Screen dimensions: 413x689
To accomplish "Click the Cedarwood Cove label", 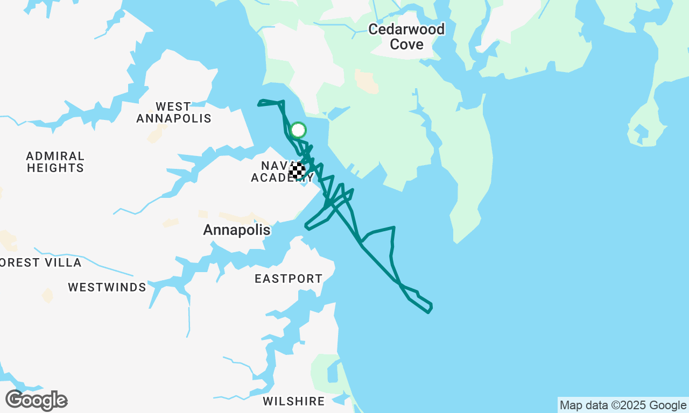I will coord(406,37).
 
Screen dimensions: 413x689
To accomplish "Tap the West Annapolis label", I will coord(173,112).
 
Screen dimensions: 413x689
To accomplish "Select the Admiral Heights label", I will coord(55,162).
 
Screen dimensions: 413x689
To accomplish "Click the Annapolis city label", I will coord(237,230).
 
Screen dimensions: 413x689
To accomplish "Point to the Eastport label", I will coord(289,279).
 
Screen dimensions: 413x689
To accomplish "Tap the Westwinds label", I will coord(107,287).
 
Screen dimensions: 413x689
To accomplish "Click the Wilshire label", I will coord(294,401).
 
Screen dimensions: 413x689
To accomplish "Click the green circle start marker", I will coord(298,130).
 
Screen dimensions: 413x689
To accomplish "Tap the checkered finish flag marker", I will coord(297,170).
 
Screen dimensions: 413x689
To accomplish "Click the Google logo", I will coord(36,401).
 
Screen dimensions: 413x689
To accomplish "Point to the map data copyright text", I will coord(623,405).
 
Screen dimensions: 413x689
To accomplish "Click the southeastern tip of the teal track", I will coord(430,309).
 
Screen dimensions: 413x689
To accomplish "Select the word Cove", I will coord(406,44).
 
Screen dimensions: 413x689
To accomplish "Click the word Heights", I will coord(55,168).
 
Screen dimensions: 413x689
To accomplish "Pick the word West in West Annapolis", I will coord(173,106).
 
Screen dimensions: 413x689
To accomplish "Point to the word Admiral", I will coord(55,156).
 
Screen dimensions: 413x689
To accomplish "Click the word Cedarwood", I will coord(406,29).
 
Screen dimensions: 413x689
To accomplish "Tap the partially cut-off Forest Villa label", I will coord(40,262).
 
